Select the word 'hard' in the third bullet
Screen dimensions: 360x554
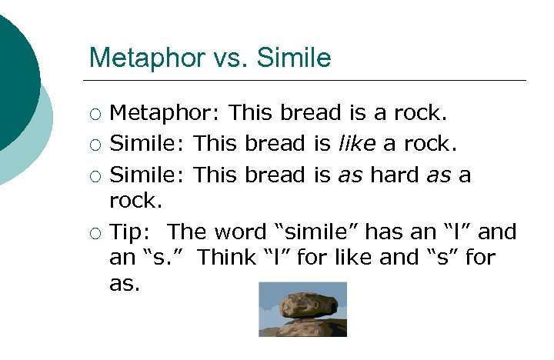395,175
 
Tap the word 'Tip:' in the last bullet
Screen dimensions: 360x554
132,232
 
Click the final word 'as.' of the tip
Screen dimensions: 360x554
125,284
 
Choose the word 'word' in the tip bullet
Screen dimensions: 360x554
239,232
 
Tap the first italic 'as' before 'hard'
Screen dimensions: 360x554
349,175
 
